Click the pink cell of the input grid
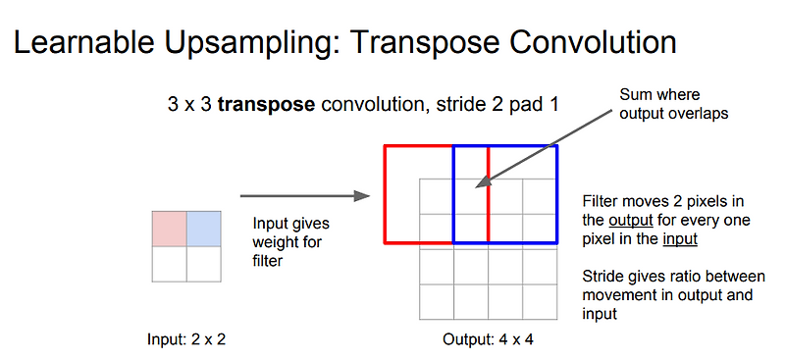click(168, 228)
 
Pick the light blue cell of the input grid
click(202, 228)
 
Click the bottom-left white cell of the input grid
click(168, 263)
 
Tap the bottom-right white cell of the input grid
click(202, 263)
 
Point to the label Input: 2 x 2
click(185, 339)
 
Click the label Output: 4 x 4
click(488, 339)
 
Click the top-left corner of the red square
click(385, 146)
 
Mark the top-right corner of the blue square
click(557, 146)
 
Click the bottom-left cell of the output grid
click(437, 301)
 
